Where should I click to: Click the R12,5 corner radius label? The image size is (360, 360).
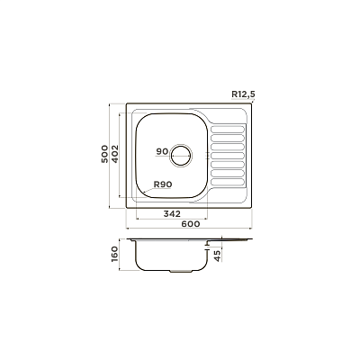coord(243,94)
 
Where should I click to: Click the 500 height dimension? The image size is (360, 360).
coord(104,154)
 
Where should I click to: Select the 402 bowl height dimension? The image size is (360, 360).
coord(115,154)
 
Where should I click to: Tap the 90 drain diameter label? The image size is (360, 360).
coord(162,152)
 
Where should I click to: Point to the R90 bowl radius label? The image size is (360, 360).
coord(163,184)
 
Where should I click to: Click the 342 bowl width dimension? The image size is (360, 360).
coord(172,213)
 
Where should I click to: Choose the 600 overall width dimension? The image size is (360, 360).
coord(191,224)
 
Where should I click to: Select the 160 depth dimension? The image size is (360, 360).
coord(115,254)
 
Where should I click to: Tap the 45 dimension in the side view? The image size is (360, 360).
coord(217,256)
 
